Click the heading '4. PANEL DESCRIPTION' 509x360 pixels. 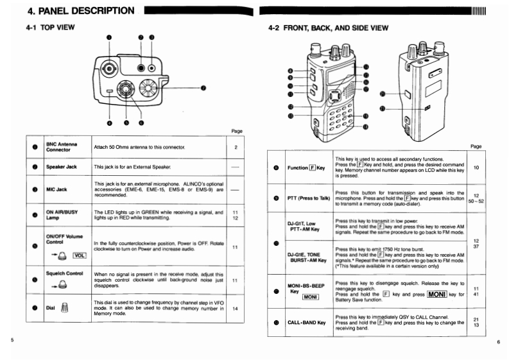coord(80,10)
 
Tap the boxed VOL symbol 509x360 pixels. coord(79,255)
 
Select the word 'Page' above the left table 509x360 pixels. coord(236,131)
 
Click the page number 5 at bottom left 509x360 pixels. coord(12,338)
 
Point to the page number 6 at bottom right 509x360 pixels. coord(497,342)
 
